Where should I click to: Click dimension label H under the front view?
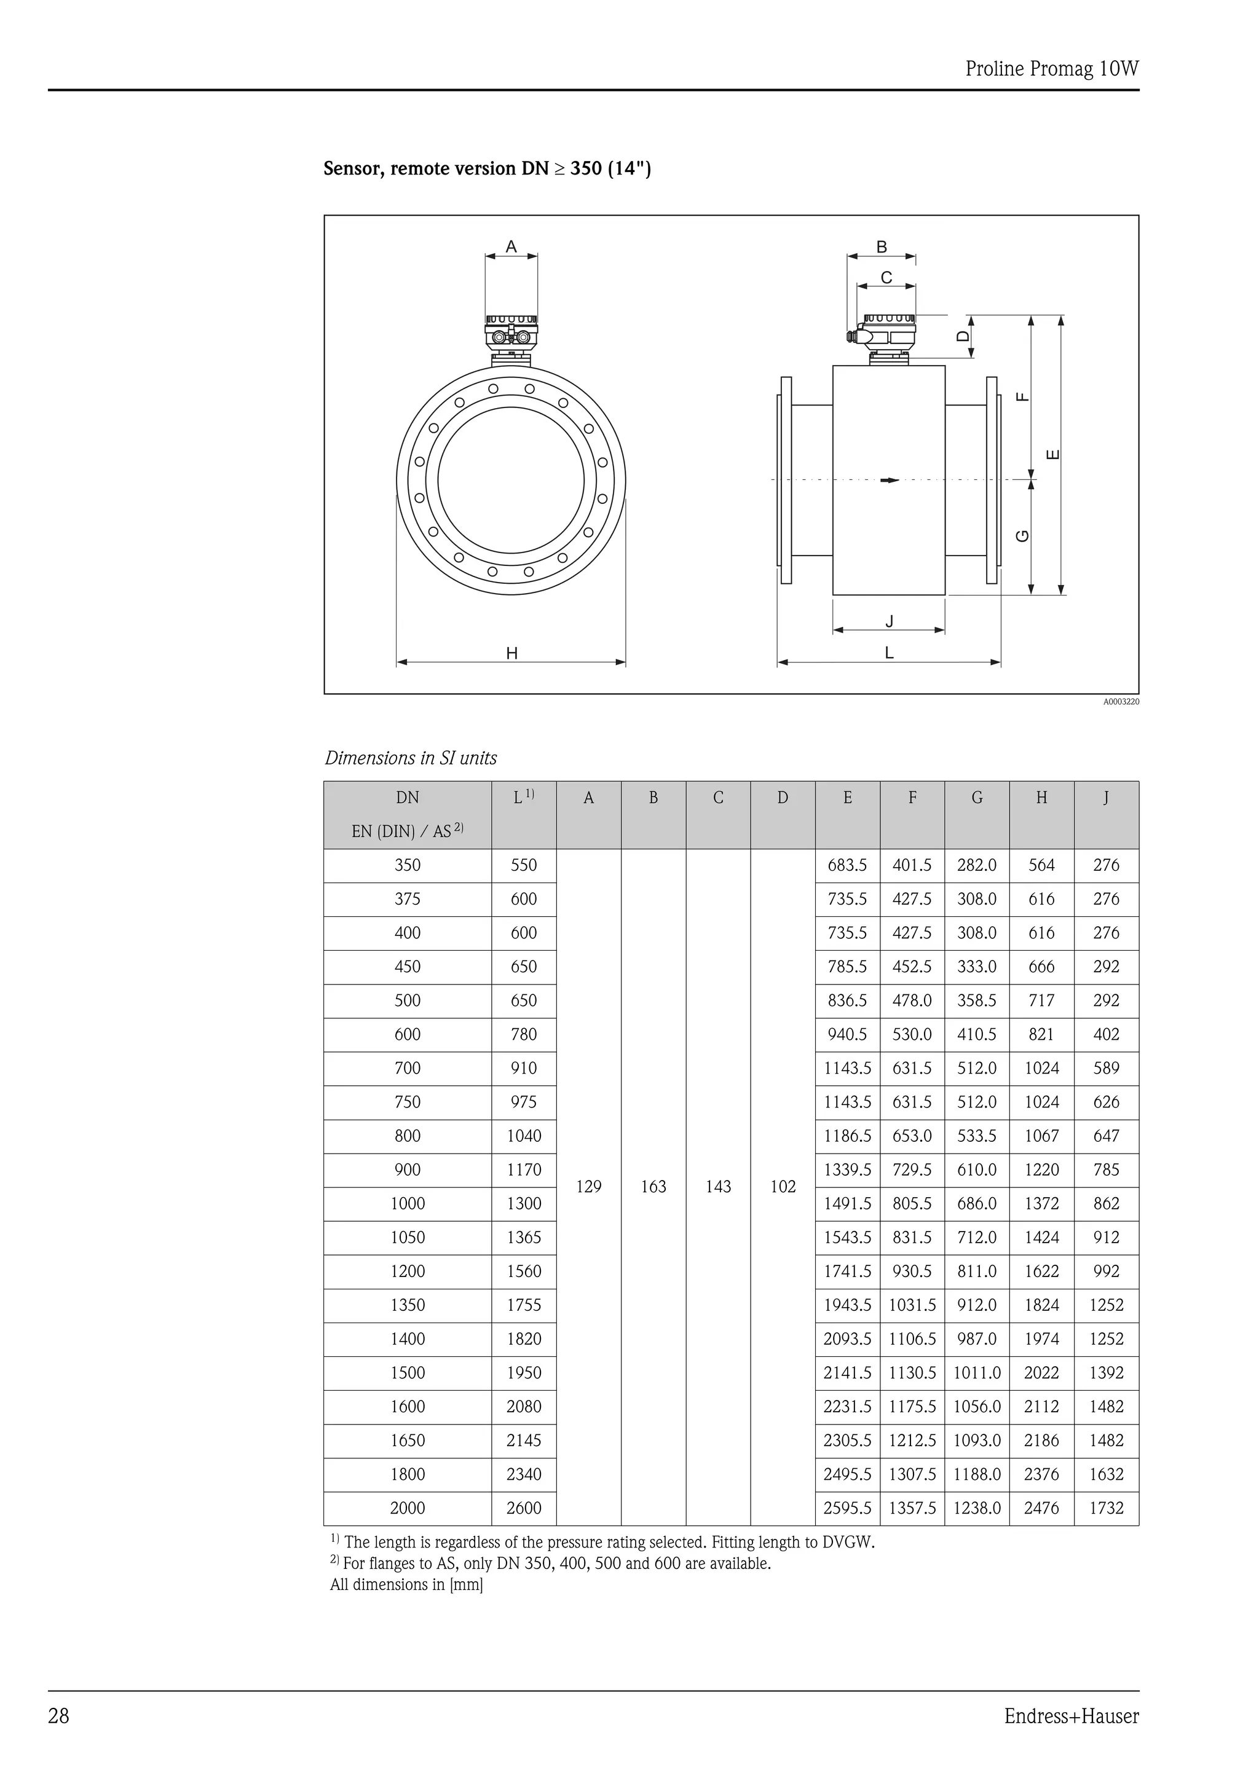[x=512, y=654]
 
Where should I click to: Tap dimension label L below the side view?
[x=889, y=653]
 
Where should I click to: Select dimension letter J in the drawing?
[x=890, y=621]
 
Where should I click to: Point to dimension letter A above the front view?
[x=511, y=246]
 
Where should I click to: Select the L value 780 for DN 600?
[x=524, y=1035]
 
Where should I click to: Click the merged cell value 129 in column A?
[x=589, y=1187]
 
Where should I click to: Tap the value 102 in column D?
[x=783, y=1187]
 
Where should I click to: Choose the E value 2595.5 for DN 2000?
[x=847, y=1509]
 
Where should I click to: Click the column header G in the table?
[x=977, y=798]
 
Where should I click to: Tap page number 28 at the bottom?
[x=59, y=1716]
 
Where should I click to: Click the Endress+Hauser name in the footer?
[x=1072, y=1716]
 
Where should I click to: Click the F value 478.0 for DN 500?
[x=912, y=1001]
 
